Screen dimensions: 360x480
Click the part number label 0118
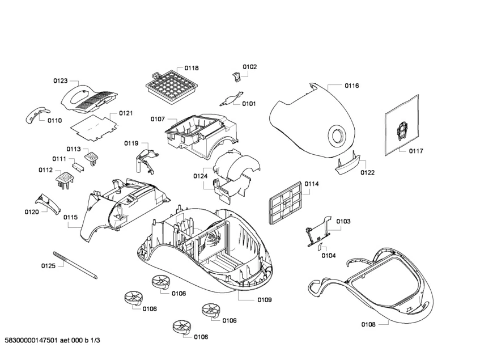point(191,68)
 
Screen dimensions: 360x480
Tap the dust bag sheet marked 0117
point(401,130)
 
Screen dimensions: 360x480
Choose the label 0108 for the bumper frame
point(368,325)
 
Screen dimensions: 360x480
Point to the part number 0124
point(199,177)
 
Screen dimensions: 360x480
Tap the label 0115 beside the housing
point(70,217)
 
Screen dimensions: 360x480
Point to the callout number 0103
point(343,221)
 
